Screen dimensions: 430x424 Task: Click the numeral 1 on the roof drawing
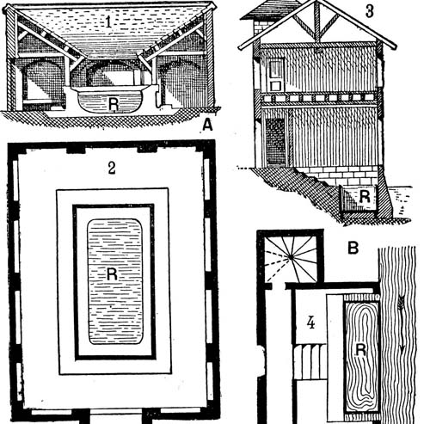[x=108, y=22]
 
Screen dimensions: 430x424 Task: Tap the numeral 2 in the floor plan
[x=112, y=168]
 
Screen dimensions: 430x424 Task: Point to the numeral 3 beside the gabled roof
[x=370, y=11]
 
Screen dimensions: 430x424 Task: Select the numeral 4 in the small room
[x=310, y=323]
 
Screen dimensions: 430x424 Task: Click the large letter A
[x=207, y=126]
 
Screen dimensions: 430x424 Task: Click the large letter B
[x=353, y=248]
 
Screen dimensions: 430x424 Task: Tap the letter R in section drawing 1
[x=114, y=104]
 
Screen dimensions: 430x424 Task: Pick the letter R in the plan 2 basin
[x=112, y=273]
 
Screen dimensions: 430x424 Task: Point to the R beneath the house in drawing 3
[x=364, y=197]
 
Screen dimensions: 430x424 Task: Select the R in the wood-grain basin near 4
[x=360, y=350]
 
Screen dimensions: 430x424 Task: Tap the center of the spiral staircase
[x=292, y=257]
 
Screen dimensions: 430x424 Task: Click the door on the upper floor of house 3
[x=276, y=74]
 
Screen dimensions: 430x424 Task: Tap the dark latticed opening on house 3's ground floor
[x=275, y=143]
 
